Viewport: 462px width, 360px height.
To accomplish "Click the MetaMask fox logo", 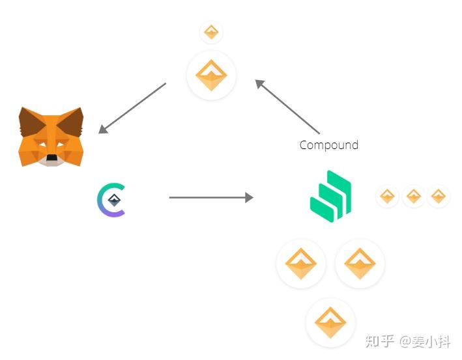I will click(51, 137).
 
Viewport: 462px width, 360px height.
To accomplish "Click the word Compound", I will click(328, 145).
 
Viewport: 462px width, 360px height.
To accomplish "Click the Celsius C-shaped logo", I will click(111, 200).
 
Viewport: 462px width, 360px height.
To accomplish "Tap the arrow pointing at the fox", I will click(132, 108).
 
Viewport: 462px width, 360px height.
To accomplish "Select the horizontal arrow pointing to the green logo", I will click(210, 197).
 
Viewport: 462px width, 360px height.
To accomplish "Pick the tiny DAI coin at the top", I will click(211, 31).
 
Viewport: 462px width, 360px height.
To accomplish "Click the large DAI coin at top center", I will click(211, 76).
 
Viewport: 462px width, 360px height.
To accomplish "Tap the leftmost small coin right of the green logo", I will click(387, 196).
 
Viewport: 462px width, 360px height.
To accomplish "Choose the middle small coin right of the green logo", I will click(413, 196).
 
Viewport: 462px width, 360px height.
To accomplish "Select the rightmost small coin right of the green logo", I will click(439, 196).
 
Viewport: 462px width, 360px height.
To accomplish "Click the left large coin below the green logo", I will click(301, 264).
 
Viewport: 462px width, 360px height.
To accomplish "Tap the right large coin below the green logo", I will click(360, 264).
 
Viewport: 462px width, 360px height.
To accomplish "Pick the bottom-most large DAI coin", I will click(330, 322).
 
